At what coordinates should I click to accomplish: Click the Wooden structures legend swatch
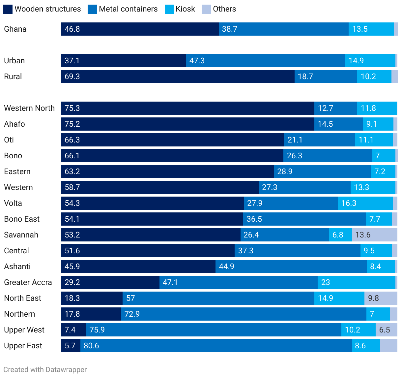coord(8,9)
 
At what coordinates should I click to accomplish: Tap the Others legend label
coord(224,9)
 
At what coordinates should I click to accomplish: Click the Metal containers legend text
coord(128,9)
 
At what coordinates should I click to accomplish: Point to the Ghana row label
coord(15,29)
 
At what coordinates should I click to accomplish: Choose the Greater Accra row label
coord(28,282)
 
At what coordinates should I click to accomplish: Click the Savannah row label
coord(21,235)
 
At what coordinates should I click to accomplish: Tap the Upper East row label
coord(23,346)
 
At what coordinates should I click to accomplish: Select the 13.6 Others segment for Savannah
coord(374,235)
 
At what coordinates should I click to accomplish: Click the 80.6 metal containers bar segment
coord(216,346)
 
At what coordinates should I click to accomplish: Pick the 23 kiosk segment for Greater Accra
coord(356,282)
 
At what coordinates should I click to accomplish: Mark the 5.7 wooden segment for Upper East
coord(71,346)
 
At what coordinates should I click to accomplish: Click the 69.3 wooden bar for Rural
coord(178,77)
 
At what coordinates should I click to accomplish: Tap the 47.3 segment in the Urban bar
coord(265,61)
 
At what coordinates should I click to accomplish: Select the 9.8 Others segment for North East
coord(381,298)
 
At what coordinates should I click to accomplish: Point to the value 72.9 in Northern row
coord(132,314)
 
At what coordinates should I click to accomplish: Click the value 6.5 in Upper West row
coord(385,330)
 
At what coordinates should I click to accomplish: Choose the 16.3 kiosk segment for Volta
coord(365,203)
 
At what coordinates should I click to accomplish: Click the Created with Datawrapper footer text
coord(45,370)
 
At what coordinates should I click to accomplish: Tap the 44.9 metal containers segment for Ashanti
coord(291,267)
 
